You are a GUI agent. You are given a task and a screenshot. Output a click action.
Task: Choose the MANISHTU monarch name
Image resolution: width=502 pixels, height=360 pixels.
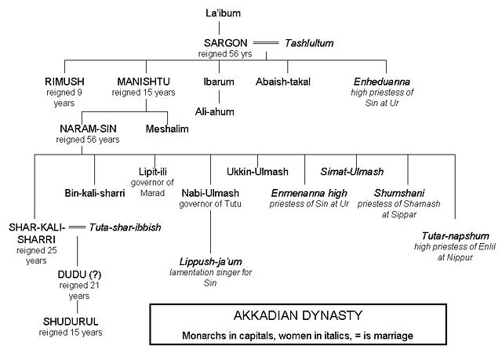point(144,81)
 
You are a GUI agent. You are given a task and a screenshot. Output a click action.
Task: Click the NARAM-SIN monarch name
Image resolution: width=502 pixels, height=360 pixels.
point(87,128)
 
